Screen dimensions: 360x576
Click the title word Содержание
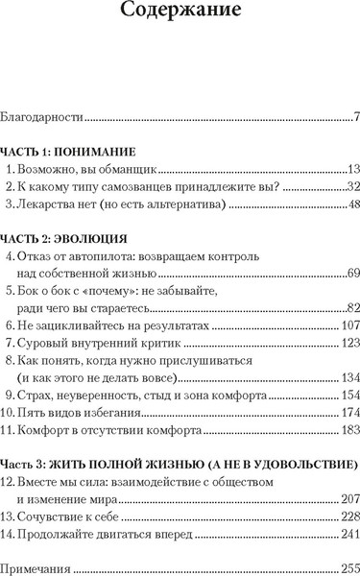(180, 14)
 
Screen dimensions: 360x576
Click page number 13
(351, 168)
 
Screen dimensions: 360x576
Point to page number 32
(351, 185)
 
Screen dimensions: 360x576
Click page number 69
(351, 275)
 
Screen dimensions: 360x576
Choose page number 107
(348, 326)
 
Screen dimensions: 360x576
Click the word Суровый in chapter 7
(47, 343)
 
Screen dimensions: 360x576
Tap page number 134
(348, 377)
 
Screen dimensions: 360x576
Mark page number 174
(348, 412)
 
